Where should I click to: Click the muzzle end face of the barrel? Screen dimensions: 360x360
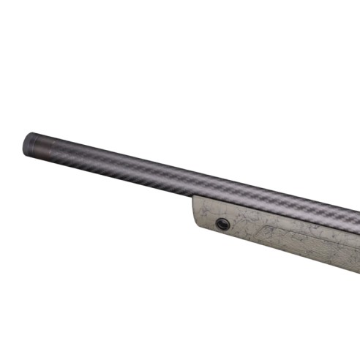tap(27, 143)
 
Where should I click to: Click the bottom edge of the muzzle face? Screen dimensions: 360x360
tap(26, 153)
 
